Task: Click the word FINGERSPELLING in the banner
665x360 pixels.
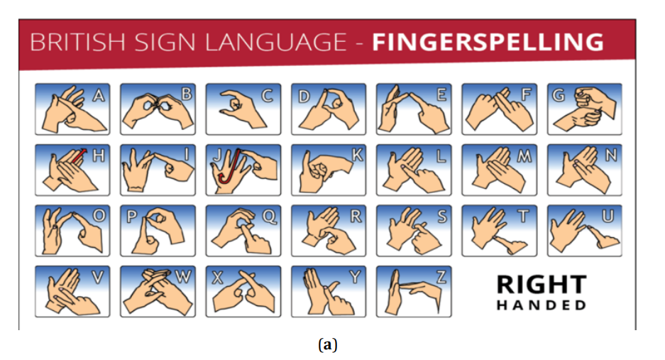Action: (488, 42)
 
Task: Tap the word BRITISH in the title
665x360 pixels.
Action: (77, 42)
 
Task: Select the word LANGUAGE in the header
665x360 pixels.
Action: (275, 42)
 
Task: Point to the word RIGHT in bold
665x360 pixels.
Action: (542, 285)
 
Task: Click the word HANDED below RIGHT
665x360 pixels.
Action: (542, 305)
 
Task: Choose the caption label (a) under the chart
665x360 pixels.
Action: (327, 344)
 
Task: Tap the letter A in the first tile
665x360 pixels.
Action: (99, 96)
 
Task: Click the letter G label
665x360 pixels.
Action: (559, 95)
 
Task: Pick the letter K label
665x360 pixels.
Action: (357, 156)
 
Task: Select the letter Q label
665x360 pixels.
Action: (270, 217)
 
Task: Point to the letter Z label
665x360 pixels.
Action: (441, 277)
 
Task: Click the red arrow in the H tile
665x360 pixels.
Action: (79, 156)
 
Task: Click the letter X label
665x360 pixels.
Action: (217, 278)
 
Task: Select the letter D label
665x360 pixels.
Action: (303, 97)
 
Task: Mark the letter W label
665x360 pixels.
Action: (183, 277)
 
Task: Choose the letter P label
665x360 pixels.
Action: (132, 217)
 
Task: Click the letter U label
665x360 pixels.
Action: (608, 216)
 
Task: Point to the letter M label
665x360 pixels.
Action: (524, 156)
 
